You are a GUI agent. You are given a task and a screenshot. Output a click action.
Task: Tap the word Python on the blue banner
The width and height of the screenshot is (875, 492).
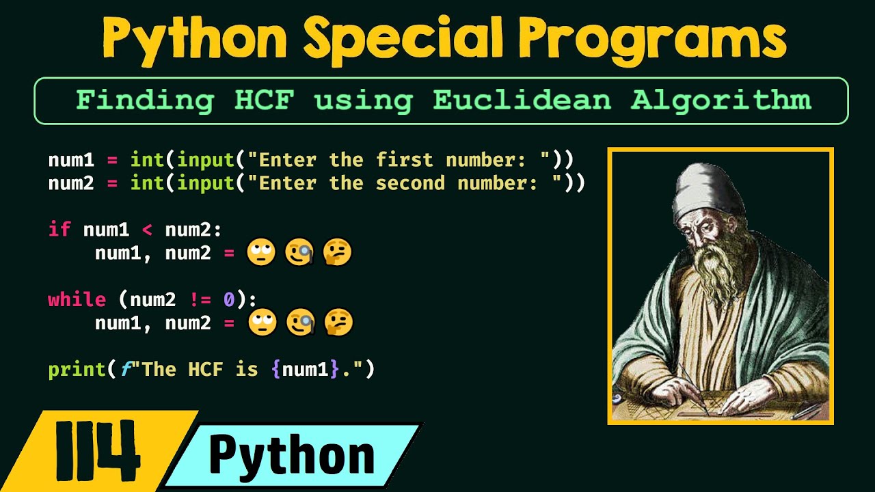click(x=292, y=454)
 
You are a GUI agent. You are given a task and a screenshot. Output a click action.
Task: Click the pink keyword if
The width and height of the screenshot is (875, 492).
click(x=59, y=229)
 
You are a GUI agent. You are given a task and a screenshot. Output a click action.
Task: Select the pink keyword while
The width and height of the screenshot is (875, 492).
click(x=77, y=299)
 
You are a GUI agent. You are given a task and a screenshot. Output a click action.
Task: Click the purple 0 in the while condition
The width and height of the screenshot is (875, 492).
click(x=229, y=299)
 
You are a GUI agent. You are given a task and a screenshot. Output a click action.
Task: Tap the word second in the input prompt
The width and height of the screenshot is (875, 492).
click(x=410, y=183)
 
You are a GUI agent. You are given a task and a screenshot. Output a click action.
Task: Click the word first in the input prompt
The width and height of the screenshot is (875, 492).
click(x=404, y=160)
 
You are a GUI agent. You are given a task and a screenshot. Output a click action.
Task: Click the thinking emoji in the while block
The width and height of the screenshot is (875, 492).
click(x=337, y=323)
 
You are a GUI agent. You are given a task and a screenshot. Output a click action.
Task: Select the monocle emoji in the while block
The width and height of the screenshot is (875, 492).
click(x=300, y=323)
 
